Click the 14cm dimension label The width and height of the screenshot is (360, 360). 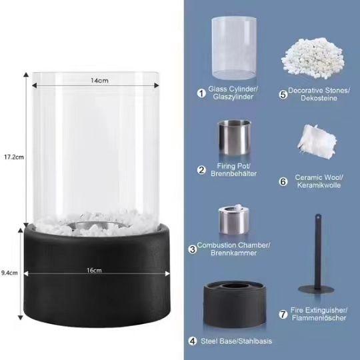tap(99, 81)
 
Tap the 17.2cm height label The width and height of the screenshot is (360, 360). tap(13, 157)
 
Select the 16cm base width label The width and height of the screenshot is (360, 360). tap(94, 270)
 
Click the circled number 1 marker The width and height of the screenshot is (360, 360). tap(201, 93)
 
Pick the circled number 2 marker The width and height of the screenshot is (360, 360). tap(201, 169)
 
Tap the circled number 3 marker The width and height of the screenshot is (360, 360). tap(192, 249)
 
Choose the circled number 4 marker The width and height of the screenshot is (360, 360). tap(192, 341)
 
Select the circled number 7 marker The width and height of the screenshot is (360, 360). tap(283, 313)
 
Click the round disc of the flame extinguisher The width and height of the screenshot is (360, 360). tap(317, 287)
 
